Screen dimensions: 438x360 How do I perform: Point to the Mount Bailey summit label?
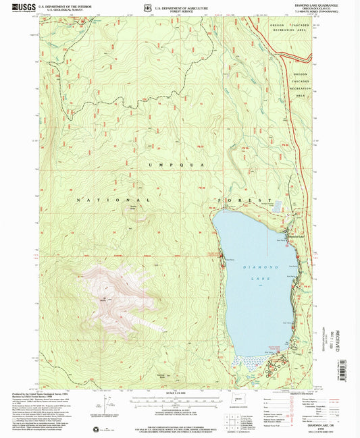click(x=103, y=300)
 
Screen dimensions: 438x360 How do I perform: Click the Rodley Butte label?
click(x=133, y=209)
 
